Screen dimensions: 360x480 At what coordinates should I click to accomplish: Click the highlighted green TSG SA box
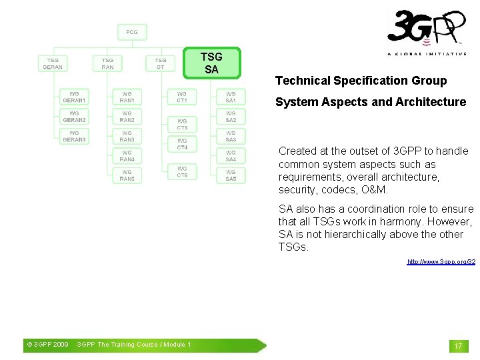click(211, 63)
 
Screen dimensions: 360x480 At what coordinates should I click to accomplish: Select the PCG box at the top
click(132, 32)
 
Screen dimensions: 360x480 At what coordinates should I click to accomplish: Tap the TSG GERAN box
click(53, 63)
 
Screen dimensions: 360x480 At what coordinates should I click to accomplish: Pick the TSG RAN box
click(107, 63)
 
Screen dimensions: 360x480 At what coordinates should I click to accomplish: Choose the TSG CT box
click(161, 63)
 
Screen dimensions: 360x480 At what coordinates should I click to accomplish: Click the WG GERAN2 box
click(74, 117)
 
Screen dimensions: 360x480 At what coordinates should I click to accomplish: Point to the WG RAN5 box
click(127, 175)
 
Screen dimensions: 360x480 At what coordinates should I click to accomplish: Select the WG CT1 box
click(182, 97)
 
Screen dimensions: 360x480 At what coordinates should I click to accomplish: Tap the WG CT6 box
click(182, 172)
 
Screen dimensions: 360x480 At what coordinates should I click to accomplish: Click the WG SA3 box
click(231, 136)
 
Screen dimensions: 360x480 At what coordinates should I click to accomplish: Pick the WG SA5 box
click(231, 175)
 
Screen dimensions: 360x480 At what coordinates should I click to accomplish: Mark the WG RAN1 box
click(127, 97)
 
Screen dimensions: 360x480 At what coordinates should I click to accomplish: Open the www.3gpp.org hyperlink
click(441, 262)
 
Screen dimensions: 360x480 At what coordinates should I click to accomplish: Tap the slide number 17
click(458, 346)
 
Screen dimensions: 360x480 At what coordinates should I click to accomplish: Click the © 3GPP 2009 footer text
click(47, 345)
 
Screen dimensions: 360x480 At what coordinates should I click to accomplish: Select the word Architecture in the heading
click(431, 102)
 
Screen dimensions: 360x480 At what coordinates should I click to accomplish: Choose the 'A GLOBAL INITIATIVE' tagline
click(427, 54)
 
